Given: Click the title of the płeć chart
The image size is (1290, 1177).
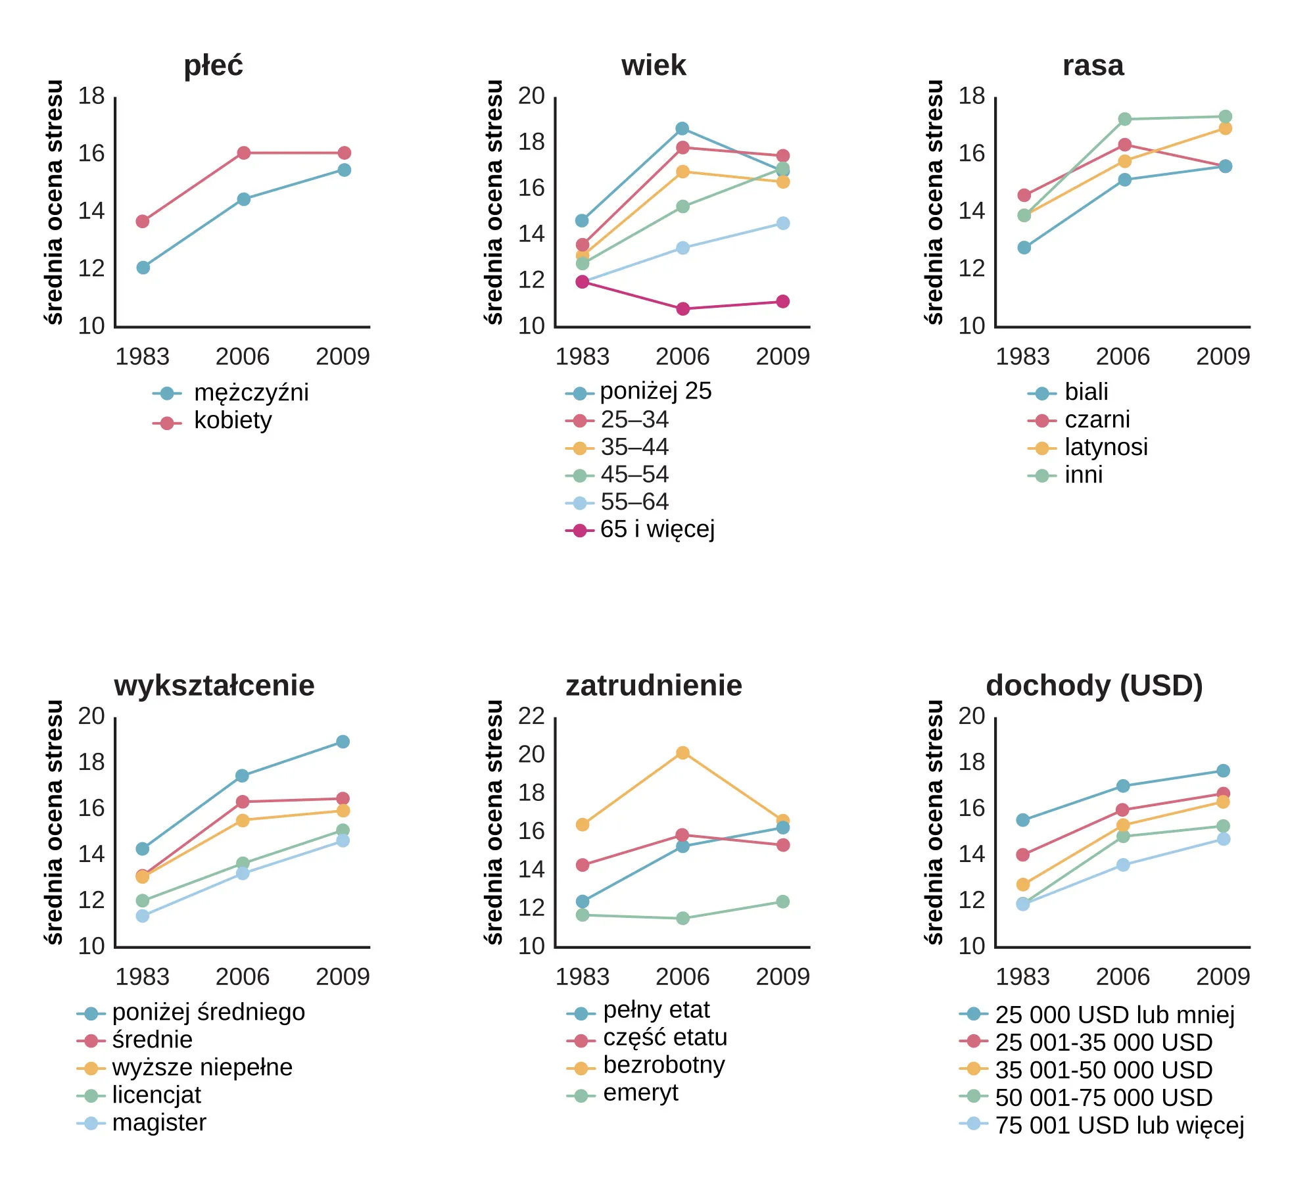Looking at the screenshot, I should click(213, 66).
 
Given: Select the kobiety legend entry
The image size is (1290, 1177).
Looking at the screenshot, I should click(232, 421).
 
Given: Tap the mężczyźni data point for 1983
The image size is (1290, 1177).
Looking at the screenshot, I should click(143, 268).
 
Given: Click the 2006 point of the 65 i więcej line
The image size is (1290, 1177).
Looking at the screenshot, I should click(682, 309).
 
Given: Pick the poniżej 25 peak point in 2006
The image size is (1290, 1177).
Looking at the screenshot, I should click(682, 129).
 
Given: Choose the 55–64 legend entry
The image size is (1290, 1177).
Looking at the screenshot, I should click(634, 502).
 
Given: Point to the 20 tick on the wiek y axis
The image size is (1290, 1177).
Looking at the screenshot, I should click(531, 97).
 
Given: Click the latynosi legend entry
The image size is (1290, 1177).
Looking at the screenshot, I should click(1106, 448).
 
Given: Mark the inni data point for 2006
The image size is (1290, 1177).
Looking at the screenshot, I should click(1124, 119).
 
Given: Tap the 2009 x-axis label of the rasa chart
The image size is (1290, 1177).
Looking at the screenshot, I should click(1222, 357).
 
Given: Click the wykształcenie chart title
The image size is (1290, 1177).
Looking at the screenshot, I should click(214, 686).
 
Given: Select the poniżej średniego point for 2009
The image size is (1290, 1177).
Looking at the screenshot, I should click(343, 742).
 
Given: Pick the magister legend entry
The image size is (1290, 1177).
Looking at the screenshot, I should click(158, 1123).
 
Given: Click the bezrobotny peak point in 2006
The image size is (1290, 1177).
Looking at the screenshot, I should click(682, 753).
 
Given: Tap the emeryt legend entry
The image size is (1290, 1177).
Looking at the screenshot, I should click(640, 1093).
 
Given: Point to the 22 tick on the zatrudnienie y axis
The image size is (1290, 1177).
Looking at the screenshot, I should click(531, 716).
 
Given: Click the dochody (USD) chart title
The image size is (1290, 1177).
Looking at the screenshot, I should click(1094, 686).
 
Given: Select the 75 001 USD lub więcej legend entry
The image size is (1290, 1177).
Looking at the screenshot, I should click(1119, 1126).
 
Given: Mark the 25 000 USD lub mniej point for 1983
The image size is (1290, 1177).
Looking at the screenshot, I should click(1023, 820).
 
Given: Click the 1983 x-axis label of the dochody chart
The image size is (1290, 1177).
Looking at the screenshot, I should click(1022, 977).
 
